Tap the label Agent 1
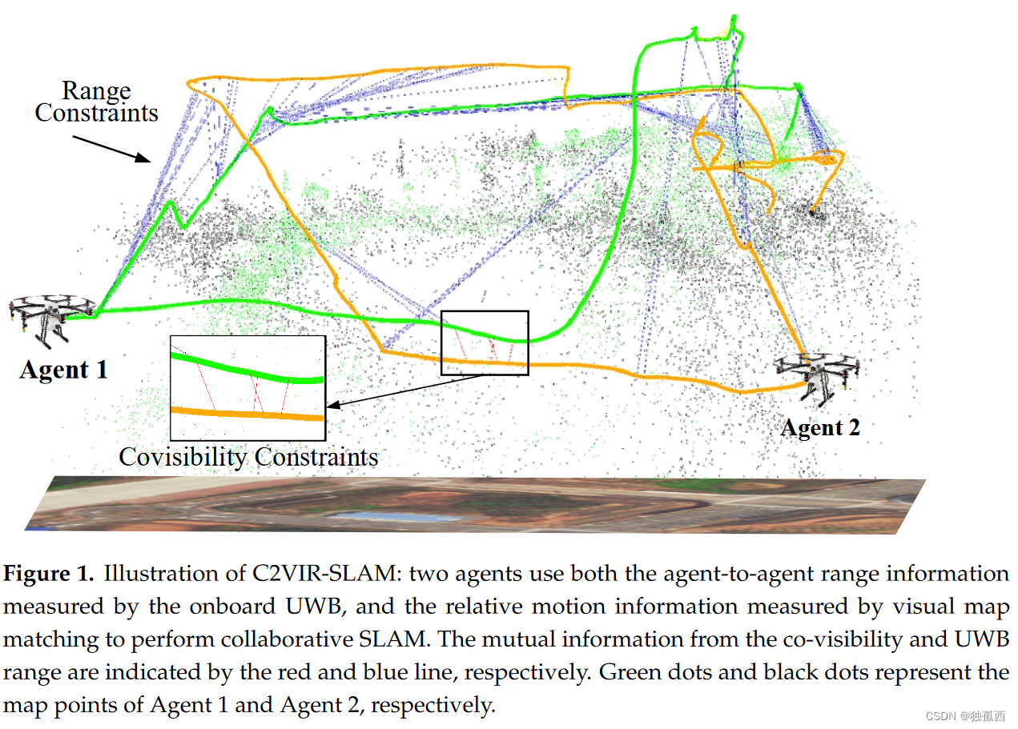point(63,370)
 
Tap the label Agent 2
point(820,428)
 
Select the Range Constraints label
point(96,102)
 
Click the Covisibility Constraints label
point(248,457)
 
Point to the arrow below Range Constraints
point(111,150)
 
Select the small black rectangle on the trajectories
point(485,342)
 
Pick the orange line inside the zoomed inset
point(248,413)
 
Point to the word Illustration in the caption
point(151,575)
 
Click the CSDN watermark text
point(965,716)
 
